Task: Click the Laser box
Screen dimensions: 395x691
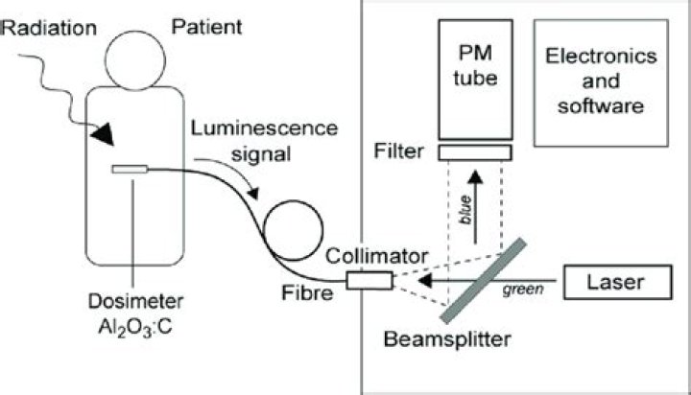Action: (x=616, y=282)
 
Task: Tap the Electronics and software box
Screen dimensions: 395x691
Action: (x=601, y=81)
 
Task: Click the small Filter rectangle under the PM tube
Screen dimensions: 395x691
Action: (x=475, y=152)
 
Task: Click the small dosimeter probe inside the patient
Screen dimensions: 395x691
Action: (x=129, y=170)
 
